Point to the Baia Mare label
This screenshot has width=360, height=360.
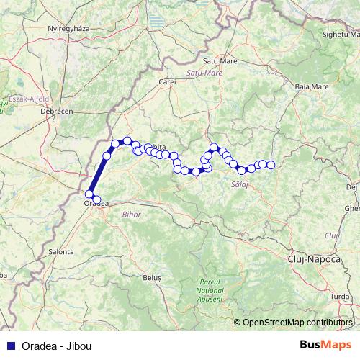coord(312,87)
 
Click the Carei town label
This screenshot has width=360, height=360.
coord(168,82)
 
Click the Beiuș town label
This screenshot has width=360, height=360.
coord(152,276)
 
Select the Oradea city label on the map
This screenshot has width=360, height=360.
coord(96,204)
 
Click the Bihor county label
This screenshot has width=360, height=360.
coord(132,215)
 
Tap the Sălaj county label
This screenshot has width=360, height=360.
coord(239,185)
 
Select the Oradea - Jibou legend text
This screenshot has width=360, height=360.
coord(53,346)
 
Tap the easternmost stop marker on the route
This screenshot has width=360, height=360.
coord(271,165)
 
